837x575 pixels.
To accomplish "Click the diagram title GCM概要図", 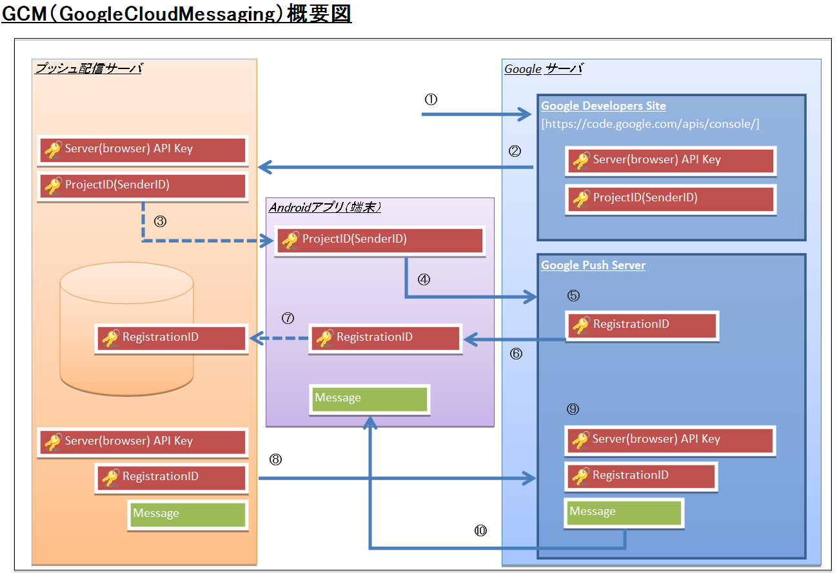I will coord(176,14).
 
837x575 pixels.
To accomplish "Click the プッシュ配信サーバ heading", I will coord(88,68).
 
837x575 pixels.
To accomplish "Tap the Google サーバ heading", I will coord(543,69).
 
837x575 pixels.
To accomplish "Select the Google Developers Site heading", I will coord(603,106).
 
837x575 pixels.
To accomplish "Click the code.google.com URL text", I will coord(650,123).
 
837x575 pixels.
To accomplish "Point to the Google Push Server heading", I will coord(593,265).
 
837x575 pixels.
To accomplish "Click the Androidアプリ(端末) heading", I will coord(325,207).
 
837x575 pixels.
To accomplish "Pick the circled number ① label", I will coord(431,99).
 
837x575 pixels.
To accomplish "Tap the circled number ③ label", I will coord(161,221).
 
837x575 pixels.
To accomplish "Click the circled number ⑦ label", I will coord(288,318).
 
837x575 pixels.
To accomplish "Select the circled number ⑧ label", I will coord(275,459).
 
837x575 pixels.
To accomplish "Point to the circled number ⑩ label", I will coord(480,530).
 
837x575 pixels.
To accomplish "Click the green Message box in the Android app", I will coord(369,399).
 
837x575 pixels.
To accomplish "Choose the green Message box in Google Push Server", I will coord(624,512).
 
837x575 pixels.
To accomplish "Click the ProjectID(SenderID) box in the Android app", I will coord(380,240).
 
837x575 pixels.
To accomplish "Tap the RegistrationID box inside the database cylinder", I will coord(171,338).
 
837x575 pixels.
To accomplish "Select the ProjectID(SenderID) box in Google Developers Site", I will coord(670,198).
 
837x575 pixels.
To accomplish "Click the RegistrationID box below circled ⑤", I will coord(641,325).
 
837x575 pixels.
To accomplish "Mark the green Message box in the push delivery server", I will coord(187,514).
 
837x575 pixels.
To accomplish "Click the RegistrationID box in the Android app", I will coord(385,338).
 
